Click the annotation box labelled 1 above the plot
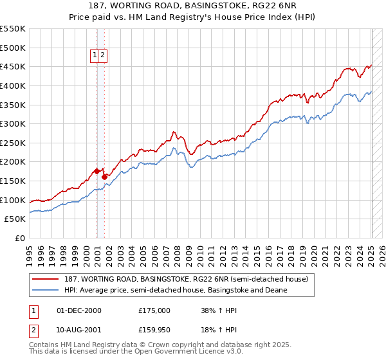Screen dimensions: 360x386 [95, 56]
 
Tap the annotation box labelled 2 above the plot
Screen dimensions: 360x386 [102, 56]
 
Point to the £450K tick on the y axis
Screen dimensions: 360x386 [14, 67]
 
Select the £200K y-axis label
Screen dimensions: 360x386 [14, 162]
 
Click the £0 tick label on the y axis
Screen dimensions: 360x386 [20, 238]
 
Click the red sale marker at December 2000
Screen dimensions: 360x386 [96, 171]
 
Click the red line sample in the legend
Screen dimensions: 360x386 [45, 280]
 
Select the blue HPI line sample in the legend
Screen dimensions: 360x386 [45, 290]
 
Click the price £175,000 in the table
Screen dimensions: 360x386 [154, 310]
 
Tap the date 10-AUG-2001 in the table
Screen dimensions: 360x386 [78, 330]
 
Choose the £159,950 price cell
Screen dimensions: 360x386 [154, 330]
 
